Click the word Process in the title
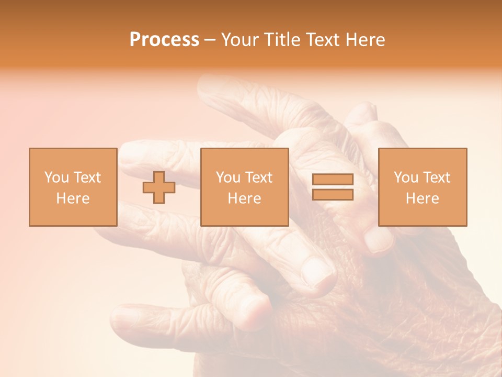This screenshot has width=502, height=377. tap(164, 40)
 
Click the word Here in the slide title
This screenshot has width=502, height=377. tap(364, 40)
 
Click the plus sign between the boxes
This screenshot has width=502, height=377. tap(159, 187)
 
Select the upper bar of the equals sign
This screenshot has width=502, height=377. tap(333, 179)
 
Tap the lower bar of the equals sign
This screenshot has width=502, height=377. tap(333, 195)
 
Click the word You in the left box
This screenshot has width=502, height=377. tap(56, 178)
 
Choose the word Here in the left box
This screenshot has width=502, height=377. tap(73, 198)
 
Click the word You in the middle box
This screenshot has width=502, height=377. tap(228, 178)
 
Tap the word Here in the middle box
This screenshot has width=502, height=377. tap(244, 198)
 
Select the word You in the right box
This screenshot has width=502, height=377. tap(406, 178)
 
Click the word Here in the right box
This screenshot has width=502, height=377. tap(422, 198)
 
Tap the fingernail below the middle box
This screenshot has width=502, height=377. tap(317, 272)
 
